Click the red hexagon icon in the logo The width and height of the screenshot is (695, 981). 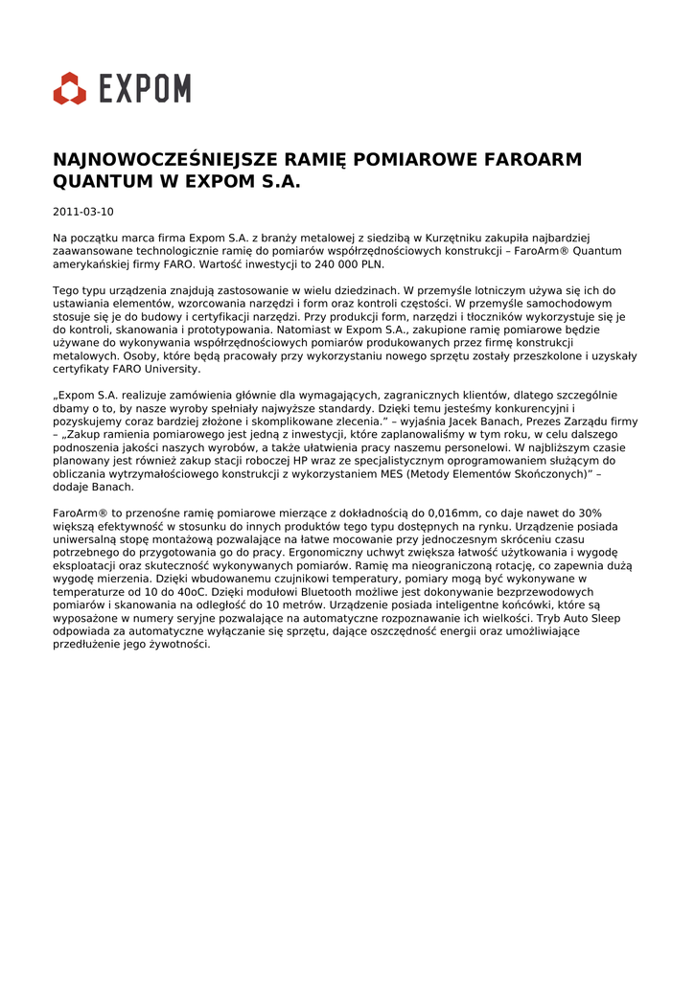point(69,88)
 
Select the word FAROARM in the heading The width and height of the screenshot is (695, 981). point(532,160)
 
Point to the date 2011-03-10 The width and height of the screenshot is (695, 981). point(82,212)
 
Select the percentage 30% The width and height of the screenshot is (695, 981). point(591,513)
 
